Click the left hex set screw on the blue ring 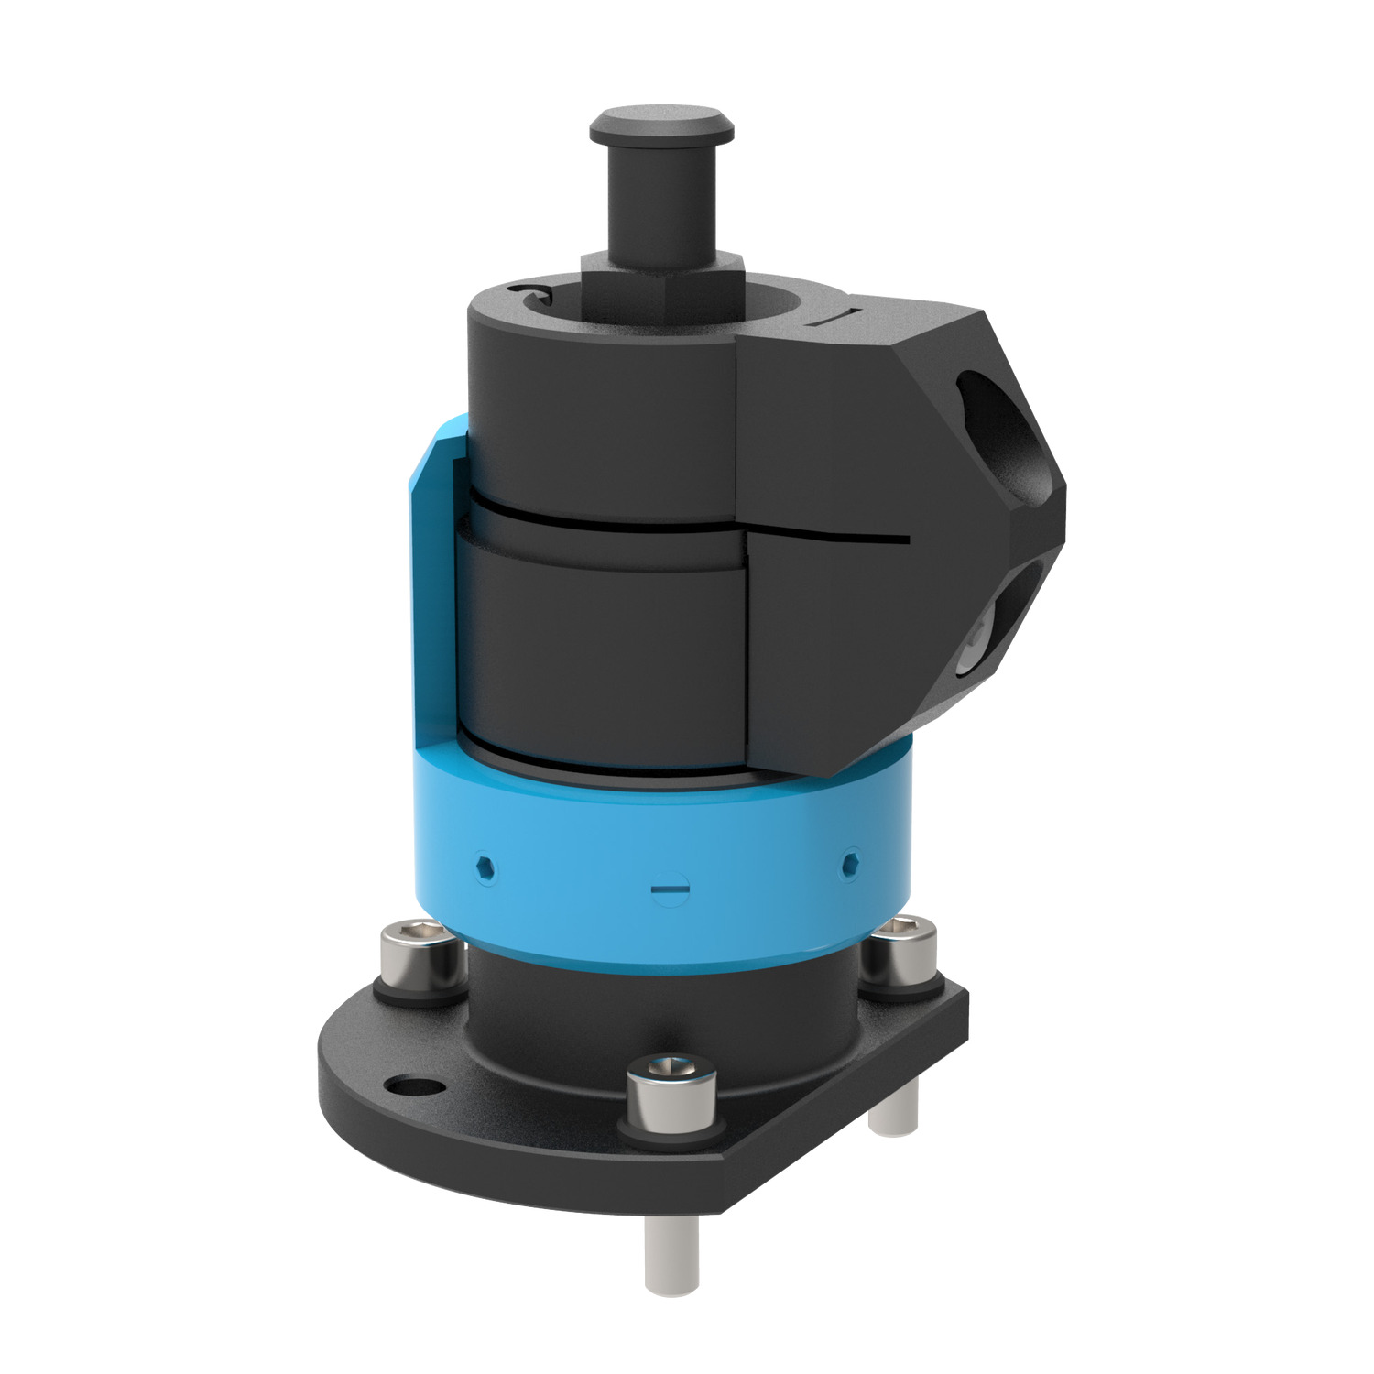tap(485, 866)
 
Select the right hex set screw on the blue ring tap(851, 861)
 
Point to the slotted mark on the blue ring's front tap(669, 888)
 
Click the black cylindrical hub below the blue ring tap(660, 1017)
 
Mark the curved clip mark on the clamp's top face tap(531, 292)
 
